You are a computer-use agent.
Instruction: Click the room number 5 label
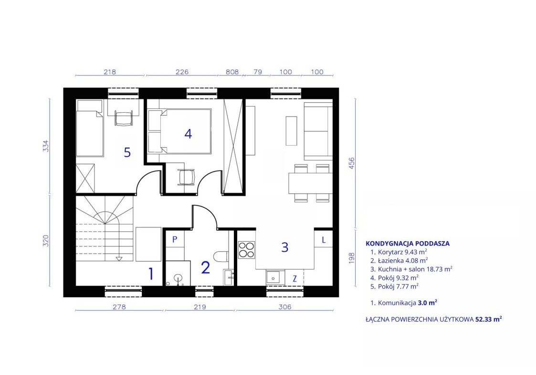[x=127, y=152]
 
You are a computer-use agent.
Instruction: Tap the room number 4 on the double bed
[x=188, y=134]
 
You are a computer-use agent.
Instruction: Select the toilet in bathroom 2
[x=221, y=256]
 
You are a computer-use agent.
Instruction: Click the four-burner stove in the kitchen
[x=246, y=249]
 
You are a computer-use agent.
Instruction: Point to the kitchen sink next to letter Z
[x=275, y=277]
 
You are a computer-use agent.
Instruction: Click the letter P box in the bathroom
[x=175, y=239]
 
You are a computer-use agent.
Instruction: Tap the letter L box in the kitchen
[x=324, y=240]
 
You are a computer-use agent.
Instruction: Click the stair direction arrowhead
[x=119, y=258]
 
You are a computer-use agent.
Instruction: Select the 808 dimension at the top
[x=232, y=72]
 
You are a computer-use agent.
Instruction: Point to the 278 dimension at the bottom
[x=119, y=307]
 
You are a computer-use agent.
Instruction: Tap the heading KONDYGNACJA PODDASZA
[x=408, y=244]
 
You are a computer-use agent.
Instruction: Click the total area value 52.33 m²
[x=489, y=319]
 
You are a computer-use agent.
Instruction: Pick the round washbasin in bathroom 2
[x=178, y=278]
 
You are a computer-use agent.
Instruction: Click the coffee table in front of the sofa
[x=291, y=131]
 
